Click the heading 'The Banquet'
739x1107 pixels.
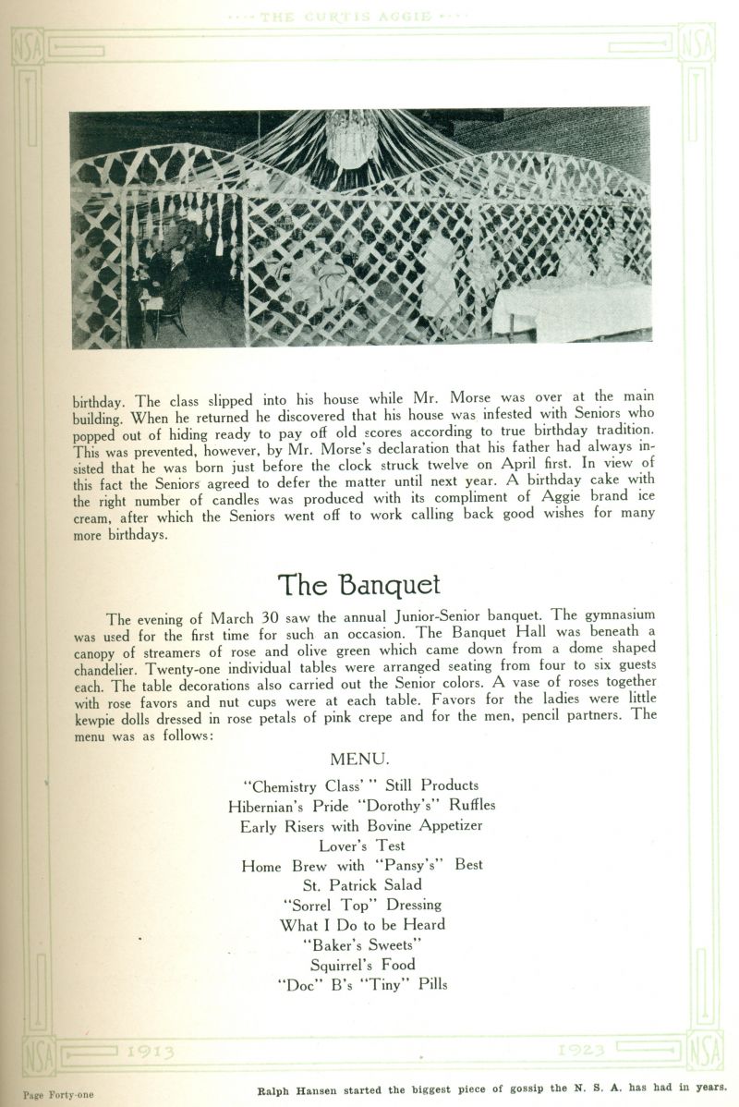[359, 585]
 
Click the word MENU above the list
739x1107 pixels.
[359, 759]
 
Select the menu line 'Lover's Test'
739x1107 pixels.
[362, 845]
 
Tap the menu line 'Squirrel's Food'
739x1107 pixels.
[362, 965]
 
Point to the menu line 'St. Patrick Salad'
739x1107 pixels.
[362, 884]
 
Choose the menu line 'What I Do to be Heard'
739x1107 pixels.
[362, 924]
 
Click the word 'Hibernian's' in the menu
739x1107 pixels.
[271, 805]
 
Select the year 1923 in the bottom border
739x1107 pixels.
[582, 1050]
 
